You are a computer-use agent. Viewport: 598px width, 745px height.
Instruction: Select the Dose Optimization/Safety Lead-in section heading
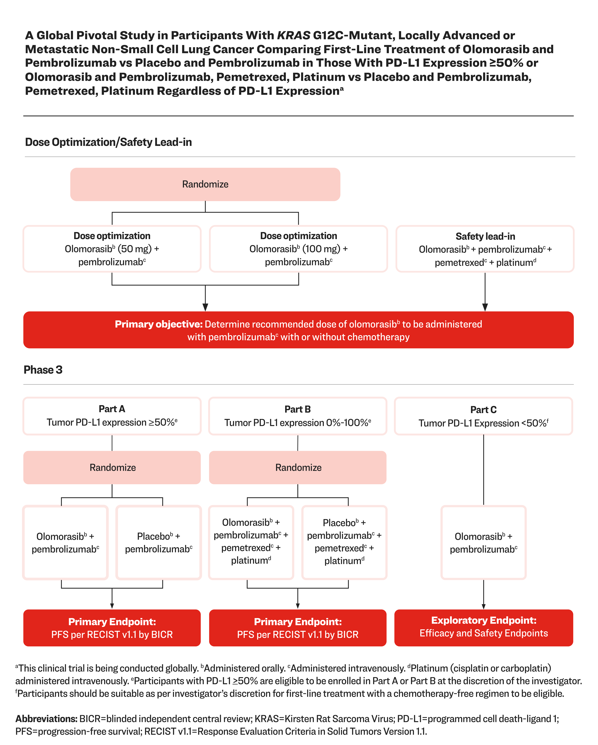108,142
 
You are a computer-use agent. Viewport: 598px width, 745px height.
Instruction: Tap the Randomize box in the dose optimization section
205,184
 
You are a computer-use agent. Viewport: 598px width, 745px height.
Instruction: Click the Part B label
298,409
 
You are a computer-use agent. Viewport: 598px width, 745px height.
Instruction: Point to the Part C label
483,410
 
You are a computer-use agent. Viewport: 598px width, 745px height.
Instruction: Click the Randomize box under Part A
112,468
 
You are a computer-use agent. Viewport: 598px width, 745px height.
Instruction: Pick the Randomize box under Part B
298,468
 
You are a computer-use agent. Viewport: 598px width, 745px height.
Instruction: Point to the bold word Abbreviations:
46,719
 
